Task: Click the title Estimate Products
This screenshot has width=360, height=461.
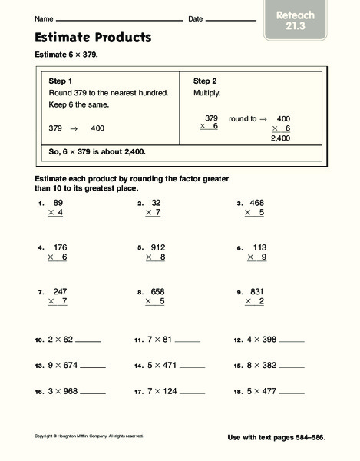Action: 93,37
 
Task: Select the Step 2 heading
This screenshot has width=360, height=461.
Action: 206,80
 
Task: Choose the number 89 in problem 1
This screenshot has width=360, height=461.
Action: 58,204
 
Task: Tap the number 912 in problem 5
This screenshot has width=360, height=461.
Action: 158,247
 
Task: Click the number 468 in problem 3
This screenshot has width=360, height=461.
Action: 256,204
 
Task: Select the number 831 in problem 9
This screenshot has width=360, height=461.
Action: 256,292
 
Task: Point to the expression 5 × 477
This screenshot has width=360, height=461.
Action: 259,391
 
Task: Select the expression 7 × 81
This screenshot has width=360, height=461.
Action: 160,339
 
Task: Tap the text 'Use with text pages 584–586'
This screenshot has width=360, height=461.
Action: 276,437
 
